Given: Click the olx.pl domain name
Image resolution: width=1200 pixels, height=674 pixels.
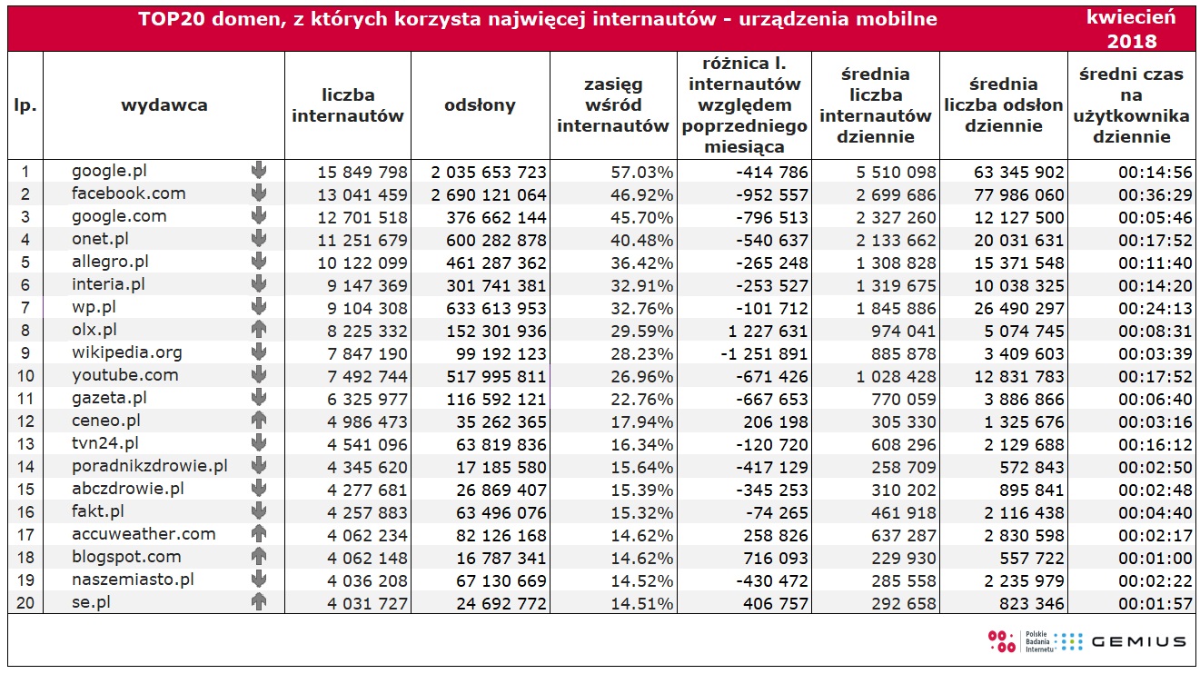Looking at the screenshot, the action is tap(94, 330).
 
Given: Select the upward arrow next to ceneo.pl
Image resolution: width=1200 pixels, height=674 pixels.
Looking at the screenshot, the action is tap(259, 421).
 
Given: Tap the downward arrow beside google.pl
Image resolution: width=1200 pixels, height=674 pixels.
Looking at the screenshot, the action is tap(259, 171).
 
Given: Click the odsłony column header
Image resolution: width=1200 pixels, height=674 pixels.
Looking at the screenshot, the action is tap(480, 105).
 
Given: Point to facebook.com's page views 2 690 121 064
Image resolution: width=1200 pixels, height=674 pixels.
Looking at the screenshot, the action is tap(489, 195).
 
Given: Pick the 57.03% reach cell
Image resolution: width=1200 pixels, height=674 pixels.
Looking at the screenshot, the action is tap(641, 173).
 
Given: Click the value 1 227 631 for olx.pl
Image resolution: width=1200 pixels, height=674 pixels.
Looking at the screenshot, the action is tap(768, 332).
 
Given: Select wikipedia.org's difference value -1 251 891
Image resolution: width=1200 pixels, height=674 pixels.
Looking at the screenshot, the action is tap(764, 354).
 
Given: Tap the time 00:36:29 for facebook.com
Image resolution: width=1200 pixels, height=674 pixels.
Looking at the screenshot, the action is tap(1155, 195).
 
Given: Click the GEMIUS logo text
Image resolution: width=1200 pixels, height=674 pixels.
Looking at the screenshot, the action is tap(1139, 642).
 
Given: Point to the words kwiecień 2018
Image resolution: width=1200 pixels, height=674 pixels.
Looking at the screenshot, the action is tap(1132, 29).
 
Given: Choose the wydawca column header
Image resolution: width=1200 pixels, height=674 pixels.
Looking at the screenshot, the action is tap(164, 105).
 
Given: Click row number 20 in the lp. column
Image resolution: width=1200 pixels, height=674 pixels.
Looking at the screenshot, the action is tap(25, 603).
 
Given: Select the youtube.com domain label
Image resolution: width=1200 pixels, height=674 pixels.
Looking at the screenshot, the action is tap(124, 375).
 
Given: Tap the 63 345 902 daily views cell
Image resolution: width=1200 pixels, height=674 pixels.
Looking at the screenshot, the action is tap(1019, 173).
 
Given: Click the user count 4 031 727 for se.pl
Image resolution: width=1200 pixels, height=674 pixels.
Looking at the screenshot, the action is tap(368, 604).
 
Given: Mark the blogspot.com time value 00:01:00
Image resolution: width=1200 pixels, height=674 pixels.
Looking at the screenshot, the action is tap(1155, 559).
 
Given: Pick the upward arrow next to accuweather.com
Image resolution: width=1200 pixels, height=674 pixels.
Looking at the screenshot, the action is tap(259, 534).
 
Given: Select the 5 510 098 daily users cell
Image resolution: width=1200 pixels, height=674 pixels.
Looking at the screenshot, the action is tap(896, 173).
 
